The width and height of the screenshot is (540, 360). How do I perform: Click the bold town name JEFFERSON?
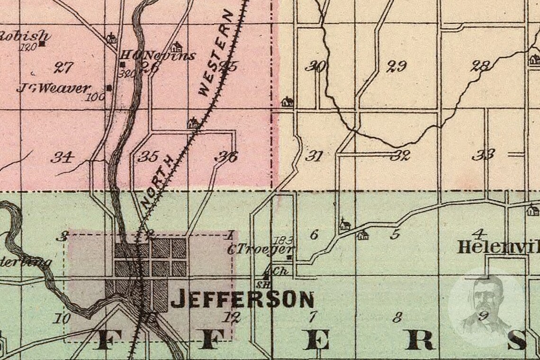coord(242,299)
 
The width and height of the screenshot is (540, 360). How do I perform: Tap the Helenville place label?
coord(498,247)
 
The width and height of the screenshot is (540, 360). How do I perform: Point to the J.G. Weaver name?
coord(53,88)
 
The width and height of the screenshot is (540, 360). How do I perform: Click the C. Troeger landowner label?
coord(261,250)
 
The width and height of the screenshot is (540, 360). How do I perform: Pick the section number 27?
coord(63,67)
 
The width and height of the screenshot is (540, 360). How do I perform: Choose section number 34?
coord(62,157)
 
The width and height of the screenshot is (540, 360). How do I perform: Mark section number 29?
coord(396,66)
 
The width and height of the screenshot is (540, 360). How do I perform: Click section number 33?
coord(483,154)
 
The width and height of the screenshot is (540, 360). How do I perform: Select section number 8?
coord(397,317)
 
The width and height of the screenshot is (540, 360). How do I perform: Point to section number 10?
coord(62,318)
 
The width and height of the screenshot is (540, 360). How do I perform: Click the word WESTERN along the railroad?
coord(216,54)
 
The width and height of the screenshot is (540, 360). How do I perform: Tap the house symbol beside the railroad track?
coord(193,123)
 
